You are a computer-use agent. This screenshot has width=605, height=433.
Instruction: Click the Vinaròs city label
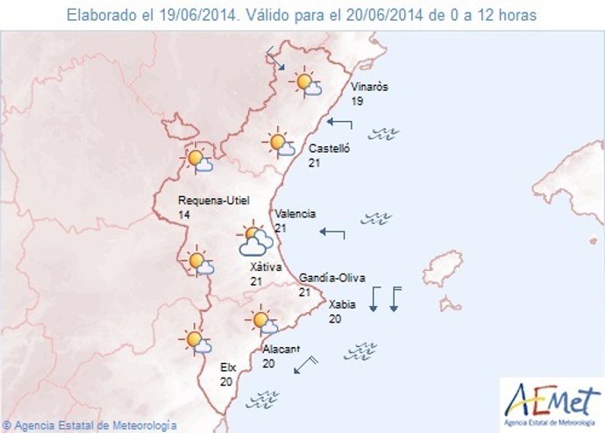tap(368, 88)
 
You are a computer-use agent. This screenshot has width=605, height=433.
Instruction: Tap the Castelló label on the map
tap(329, 149)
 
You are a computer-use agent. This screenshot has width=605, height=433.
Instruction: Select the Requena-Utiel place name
tap(208, 200)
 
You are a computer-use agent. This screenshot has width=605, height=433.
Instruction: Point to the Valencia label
tap(295, 214)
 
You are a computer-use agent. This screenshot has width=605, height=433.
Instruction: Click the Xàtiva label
tap(265, 266)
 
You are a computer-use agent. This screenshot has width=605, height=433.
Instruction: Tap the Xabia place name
tap(341, 305)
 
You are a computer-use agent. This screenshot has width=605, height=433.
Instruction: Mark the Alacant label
tap(281, 349)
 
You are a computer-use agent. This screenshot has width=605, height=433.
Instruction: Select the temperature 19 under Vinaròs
tap(357, 102)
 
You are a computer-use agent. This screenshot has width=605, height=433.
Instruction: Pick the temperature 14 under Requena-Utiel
tap(183, 215)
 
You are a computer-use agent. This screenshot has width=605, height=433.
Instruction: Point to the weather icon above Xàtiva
tap(254, 239)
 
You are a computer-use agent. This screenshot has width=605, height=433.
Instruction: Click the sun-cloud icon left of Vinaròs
tap(307, 83)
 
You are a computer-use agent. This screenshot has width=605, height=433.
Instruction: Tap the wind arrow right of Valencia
tap(332, 232)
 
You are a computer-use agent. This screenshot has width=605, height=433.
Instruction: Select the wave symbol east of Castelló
tap(384, 134)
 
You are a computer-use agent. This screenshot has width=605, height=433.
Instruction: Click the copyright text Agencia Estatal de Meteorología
tap(89, 425)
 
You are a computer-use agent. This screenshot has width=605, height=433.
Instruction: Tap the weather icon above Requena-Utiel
tap(197, 160)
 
